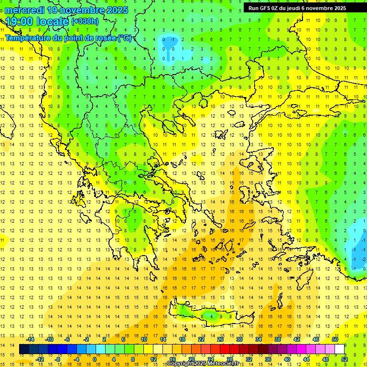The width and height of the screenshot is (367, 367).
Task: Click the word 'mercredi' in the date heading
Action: (25, 10)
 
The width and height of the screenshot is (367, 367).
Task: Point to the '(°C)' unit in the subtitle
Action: (125, 38)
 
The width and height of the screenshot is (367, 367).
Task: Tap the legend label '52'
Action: (345, 359)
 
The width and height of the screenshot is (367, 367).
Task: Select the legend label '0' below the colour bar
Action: (94, 359)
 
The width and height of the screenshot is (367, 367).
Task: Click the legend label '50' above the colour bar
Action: (335, 339)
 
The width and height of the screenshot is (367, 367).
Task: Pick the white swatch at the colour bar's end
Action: (340, 349)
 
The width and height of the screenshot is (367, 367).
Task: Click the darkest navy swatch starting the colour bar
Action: (24, 349)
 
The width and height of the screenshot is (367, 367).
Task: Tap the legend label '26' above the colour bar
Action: (220, 339)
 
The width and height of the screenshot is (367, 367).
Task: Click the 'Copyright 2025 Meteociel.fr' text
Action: (203, 364)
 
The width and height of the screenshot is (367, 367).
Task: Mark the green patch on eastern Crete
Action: (208, 315)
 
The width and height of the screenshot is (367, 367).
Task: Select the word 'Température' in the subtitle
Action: (28, 38)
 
